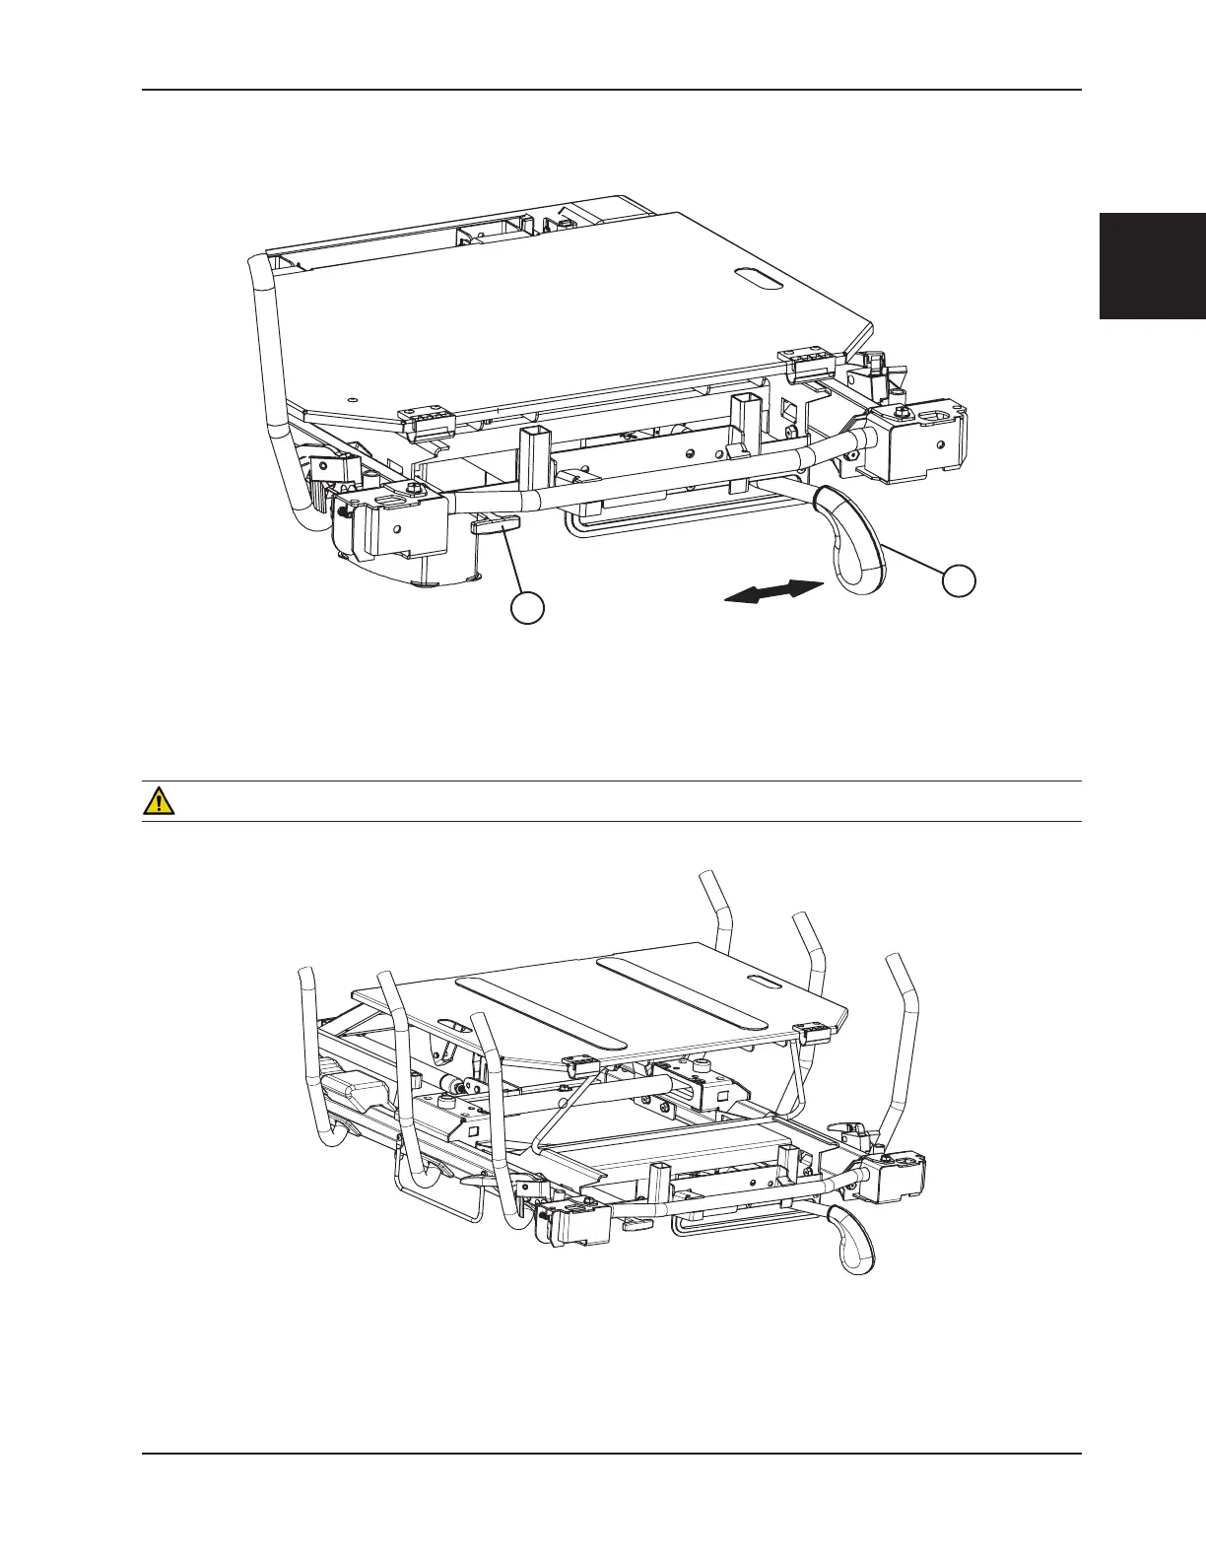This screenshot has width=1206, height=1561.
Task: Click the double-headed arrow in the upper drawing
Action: click(x=773, y=591)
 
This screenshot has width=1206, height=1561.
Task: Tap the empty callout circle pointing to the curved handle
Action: click(x=958, y=579)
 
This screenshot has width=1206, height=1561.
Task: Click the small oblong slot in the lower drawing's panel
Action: click(x=763, y=980)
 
